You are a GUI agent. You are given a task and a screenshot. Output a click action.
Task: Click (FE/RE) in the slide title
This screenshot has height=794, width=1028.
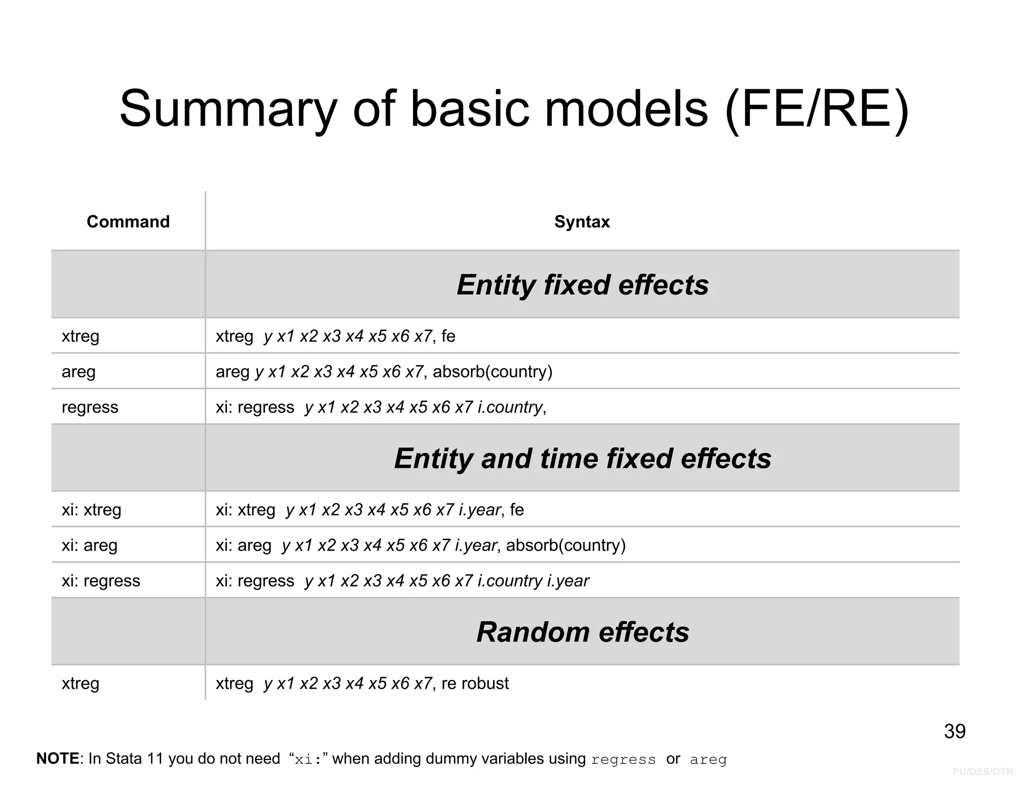(x=817, y=109)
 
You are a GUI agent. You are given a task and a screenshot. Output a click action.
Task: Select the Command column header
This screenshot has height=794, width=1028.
(x=128, y=221)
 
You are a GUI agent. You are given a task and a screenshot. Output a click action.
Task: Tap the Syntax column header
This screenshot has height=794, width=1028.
(x=582, y=221)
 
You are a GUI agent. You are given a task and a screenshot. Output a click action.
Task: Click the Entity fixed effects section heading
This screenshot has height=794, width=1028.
(x=582, y=285)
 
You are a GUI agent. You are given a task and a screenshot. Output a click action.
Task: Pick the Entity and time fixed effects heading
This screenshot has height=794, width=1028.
(x=582, y=458)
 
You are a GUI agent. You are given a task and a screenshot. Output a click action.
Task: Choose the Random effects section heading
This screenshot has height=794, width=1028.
(x=582, y=632)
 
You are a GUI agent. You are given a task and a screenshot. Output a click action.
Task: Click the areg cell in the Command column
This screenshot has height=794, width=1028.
(x=78, y=371)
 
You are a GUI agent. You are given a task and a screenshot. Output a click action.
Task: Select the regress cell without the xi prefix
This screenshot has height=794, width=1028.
(x=90, y=407)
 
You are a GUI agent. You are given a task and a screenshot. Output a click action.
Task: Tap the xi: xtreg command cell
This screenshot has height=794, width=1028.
(x=91, y=510)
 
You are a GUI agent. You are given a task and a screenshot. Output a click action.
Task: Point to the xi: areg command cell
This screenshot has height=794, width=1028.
(x=89, y=545)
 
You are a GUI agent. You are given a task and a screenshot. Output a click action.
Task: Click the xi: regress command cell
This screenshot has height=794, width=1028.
(x=101, y=581)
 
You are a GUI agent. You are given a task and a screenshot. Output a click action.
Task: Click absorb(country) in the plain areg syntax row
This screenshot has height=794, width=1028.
(x=492, y=371)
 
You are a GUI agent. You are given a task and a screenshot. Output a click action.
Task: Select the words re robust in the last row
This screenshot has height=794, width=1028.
(x=475, y=684)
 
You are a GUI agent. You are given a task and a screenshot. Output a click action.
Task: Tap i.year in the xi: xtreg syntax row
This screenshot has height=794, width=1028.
(x=479, y=510)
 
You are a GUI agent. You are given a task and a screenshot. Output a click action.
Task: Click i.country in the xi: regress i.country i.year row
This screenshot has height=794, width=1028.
(x=510, y=581)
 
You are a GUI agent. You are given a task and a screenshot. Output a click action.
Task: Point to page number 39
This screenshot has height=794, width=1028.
(x=954, y=731)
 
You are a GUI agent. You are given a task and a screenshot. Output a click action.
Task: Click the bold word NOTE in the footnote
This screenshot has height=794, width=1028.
(x=58, y=758)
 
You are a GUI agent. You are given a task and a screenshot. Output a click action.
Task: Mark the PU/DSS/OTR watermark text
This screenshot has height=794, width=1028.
(x=982, y=771)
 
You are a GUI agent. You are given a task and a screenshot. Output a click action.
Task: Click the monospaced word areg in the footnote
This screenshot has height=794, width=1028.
(x=708, y=759)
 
